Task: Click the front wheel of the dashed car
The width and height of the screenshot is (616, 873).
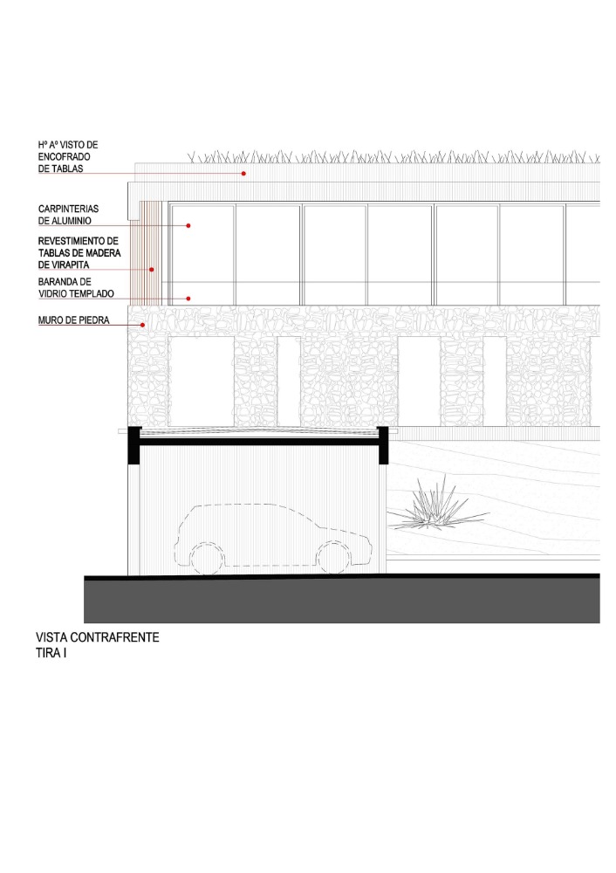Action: (332, 557)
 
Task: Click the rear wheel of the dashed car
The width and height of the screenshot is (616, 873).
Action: (207, 559)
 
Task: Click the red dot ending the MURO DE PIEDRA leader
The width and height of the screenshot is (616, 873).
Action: (143, 325)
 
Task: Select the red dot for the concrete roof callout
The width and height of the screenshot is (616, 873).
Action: (243, 174)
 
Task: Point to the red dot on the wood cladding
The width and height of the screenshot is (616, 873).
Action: (151, 270)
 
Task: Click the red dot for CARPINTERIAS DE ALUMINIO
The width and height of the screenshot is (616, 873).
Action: (188, 225)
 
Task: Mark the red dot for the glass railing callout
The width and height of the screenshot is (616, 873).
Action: (188, 299)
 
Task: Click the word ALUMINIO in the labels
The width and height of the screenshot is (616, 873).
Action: (72, 221)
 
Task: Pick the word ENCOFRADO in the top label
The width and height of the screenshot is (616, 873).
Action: (64, 157)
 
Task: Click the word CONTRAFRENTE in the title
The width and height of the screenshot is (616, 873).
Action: (114, 637)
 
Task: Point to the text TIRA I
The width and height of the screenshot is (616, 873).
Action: (51, 653)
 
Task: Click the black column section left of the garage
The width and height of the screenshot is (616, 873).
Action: (134, 445)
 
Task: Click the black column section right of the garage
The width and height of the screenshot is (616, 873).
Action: (382, 445)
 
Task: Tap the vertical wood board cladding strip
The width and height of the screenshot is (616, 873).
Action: (146, 253)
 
